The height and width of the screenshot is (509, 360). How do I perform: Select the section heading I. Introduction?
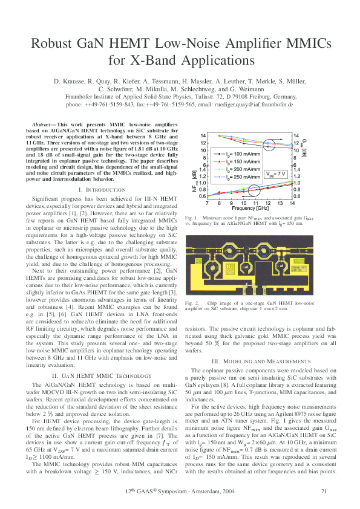(x=102, y=191)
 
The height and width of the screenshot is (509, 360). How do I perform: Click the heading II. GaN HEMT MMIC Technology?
(x=102, y=375)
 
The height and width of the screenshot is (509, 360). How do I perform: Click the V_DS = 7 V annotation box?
(x=275, y=174)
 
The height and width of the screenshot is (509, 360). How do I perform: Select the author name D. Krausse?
(x=69, y=81)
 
